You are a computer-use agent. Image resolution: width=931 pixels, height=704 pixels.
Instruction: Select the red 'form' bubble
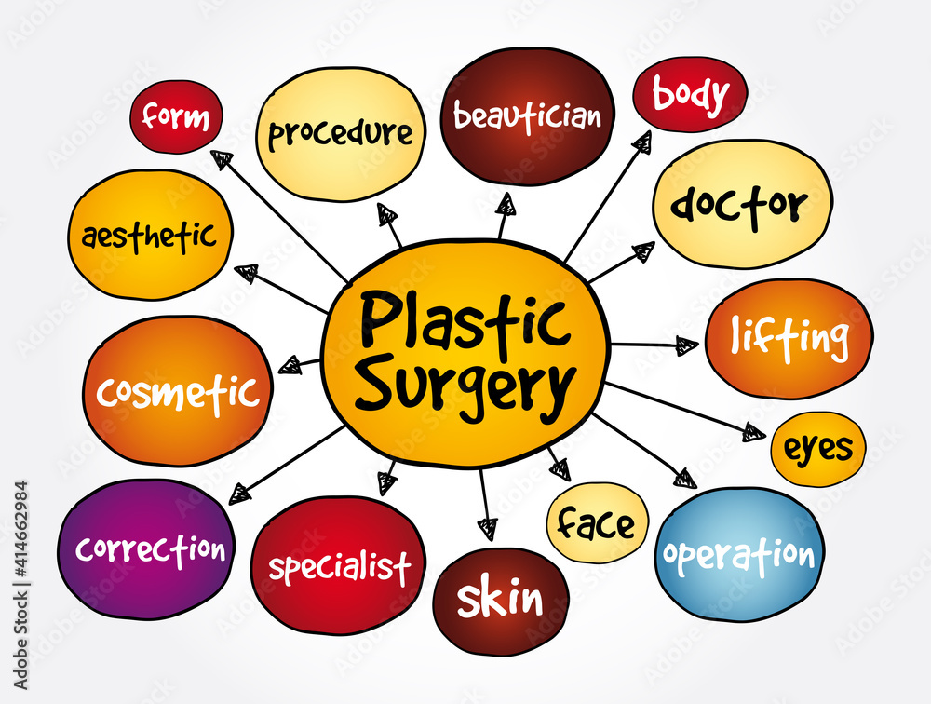pos(176,117)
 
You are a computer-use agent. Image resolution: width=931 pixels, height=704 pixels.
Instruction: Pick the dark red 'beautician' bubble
pos(527,116)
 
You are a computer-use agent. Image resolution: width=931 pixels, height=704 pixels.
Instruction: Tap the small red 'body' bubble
pos(689,94)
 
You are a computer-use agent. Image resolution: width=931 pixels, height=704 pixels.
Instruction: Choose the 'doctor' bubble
pos(740,204)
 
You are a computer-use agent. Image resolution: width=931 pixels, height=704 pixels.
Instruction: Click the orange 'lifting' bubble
pos(789,338)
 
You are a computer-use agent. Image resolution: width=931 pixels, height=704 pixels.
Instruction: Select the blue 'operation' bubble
pos(739,556)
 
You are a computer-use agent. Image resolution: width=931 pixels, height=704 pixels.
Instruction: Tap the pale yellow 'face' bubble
pos(595,523)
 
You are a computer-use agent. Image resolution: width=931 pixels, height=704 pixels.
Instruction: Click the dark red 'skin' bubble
pos(500,601)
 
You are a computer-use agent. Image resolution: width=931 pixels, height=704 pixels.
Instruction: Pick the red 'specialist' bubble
pos(338,565)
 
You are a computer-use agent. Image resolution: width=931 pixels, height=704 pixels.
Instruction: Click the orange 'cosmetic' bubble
pos(177,391)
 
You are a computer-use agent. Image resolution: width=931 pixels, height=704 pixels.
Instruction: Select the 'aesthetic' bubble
pos(150,235)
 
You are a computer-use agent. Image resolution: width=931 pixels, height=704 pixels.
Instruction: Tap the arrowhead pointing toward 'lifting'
pos(687,345)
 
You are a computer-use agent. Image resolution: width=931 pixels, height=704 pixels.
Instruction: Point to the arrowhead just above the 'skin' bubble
pos(487,530)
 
